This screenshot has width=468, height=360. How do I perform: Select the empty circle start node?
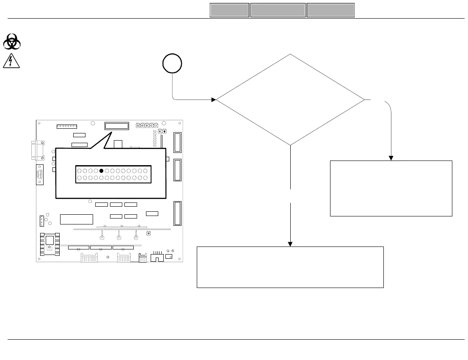(172, 64)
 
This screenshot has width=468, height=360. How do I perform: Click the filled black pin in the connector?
(101, 171)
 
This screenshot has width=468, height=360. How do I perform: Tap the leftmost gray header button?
(229, 11)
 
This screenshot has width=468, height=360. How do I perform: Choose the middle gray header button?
(278, 11)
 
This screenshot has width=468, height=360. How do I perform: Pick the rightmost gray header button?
(330, 11)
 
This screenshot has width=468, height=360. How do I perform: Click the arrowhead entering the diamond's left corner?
(214, 100)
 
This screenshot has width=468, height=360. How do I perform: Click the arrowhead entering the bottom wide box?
(290, 244)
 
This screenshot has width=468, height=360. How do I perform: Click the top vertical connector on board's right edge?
(177, 142)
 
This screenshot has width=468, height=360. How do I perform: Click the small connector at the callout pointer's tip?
(116, 126)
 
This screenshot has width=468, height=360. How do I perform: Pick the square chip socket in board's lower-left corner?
(50, 245)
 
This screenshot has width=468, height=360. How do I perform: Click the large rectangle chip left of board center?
(77, 219)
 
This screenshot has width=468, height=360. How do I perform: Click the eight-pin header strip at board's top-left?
(67, 126)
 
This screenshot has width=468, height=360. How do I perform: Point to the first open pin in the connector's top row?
(79, 171)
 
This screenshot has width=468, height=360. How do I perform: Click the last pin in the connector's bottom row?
(145, 178)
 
